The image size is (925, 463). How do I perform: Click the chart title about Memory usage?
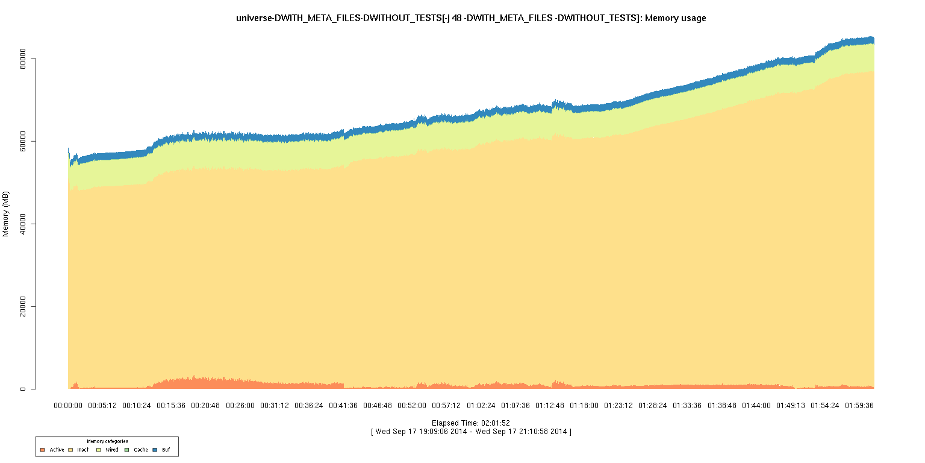coord(472,18)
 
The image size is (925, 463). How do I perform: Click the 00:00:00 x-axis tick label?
coord(68,406)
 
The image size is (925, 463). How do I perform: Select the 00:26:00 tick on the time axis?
coord(240,406)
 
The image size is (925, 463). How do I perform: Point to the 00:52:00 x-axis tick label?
coord(412,406)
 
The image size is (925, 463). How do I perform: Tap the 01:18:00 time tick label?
coord(584,406)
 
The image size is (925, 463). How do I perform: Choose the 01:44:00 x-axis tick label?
coord(756,406)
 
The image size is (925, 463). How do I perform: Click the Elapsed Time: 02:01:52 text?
coord(471,423)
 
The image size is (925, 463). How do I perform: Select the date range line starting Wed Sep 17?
coord(471,432)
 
